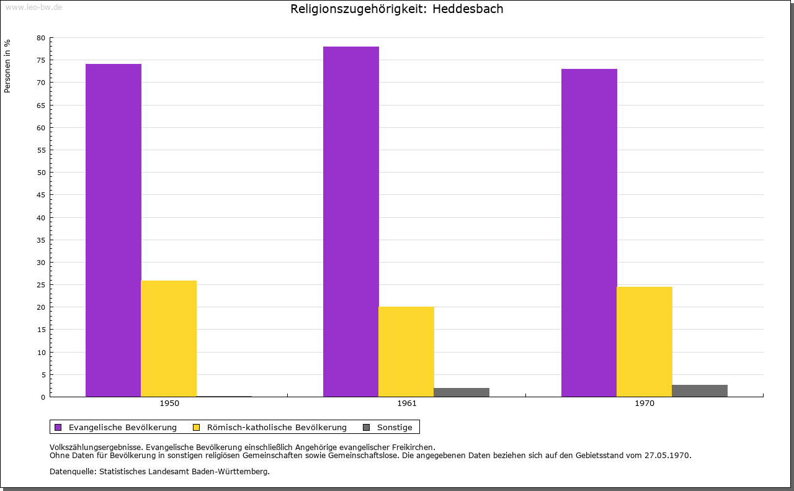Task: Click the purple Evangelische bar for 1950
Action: point(114,230)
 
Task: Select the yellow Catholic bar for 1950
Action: point(169,338)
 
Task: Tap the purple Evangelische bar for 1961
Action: point(351,222)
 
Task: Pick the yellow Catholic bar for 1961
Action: point(406,351)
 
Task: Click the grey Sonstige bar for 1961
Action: point(462,392)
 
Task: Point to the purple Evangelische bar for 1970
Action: point(589,233)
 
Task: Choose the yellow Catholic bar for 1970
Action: point(645,341)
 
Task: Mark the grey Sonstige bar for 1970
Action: point(700,391)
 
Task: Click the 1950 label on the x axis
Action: point(169,403)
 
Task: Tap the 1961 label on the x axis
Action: point(407,403)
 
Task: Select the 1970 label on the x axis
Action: point(645,403)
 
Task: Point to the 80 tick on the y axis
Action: point(41,38)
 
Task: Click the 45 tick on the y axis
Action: point(41,195)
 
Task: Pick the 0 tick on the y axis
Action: point(43,397)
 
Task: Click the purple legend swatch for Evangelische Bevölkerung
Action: point(58,427)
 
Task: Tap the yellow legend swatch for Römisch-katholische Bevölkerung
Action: point(196,427)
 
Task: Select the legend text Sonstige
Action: point(395,428)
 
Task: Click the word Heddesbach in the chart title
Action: point(468,9)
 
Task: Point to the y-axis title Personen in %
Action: point(7,66)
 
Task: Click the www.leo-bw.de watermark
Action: point(33,7)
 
